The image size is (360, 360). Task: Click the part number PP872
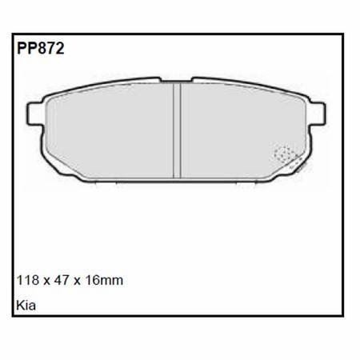click(39, 48)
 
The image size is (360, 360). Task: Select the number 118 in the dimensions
click(27, 280)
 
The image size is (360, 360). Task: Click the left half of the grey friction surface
click(112, 132)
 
